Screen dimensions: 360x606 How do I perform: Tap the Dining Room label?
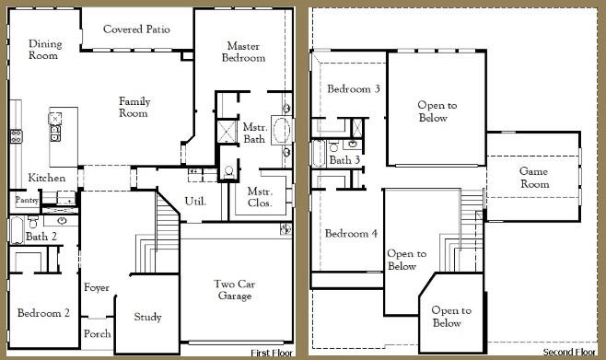tap(45, 50)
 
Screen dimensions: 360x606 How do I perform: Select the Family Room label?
tap(134, 107)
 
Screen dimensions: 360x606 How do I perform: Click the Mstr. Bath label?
tap(254, 133)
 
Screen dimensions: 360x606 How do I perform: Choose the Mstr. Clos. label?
tap(259, 197)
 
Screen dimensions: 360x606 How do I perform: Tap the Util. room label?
tap(195, 200)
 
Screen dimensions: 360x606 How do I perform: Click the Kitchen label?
tap(46, 178)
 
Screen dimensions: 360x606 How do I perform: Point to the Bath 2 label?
tap(41, 237)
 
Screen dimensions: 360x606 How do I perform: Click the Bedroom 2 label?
tap(44, 313)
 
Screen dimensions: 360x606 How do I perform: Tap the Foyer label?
tap(97, 288)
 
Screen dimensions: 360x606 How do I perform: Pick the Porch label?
tap(97, 333)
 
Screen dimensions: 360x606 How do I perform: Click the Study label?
tap(147, 318)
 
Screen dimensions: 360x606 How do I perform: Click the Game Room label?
tap(534, 178)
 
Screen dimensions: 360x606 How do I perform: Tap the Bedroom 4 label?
tap(350, 234)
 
